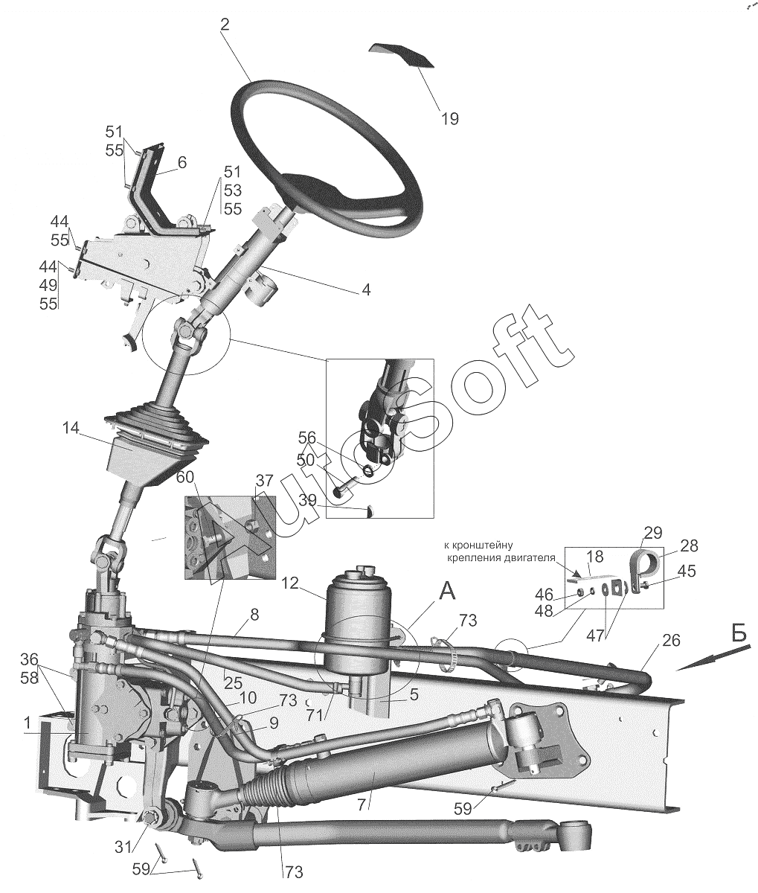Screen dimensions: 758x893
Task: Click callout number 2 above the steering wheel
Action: pos(225,24)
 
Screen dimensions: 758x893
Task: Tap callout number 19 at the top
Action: pos(449,118)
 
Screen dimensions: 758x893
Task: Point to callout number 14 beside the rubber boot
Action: pos(71,429)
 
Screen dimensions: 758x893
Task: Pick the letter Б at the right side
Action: pos(738,634)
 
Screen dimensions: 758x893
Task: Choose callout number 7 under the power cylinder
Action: pos(362,804)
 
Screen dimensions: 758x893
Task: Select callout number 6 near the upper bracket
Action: pos(182,162)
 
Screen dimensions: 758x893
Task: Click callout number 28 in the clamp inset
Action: pos(689,545)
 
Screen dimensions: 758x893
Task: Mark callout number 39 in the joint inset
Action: pos(306,500)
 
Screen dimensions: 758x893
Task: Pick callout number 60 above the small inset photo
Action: pos(184,476)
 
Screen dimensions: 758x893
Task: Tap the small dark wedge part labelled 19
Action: pos(402,56)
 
